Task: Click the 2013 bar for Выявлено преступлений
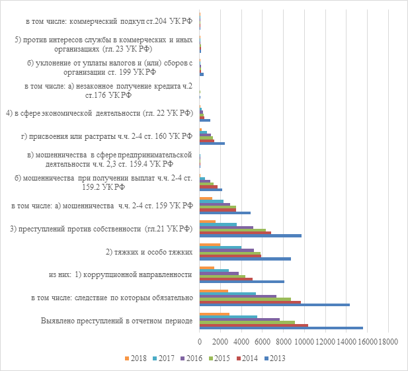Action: pos(281,328)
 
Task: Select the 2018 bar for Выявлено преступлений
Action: pos(214,314)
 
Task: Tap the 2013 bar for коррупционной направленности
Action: pos(241,282)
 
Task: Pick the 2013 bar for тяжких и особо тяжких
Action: pos(245,259)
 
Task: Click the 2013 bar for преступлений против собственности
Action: pos(250,235)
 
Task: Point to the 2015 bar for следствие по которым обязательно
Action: pos(245,300)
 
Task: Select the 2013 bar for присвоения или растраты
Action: pos(212,143)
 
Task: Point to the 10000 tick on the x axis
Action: pos(304,341)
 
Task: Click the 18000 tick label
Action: pos(388,341)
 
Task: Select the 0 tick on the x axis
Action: pos(199,341)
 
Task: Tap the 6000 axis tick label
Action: pos(262,341)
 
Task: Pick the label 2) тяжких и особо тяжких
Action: pos(149,252)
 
